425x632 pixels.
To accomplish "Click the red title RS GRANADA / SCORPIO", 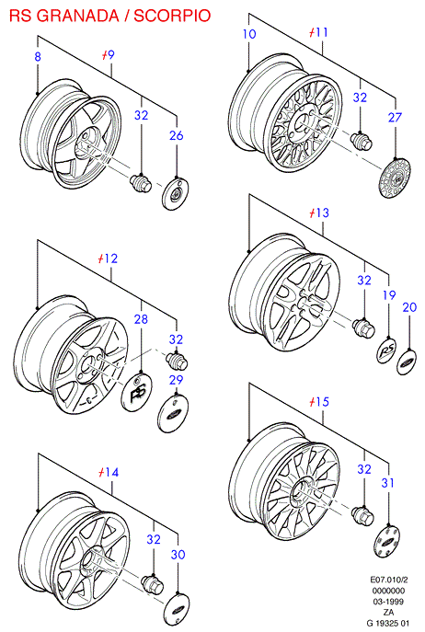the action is [110, 16].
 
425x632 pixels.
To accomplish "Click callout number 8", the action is [38, 56].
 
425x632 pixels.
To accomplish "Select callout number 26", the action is [177, 135].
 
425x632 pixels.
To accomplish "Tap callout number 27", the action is [396, 117].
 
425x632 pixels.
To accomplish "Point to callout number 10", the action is [249, 34].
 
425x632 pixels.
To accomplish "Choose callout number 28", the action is [141, 319].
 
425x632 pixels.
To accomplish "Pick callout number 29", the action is [177, 380].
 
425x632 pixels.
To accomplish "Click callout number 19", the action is [389, 295].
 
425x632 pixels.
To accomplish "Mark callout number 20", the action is [409, 307].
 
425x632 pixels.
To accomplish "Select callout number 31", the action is [387, 483].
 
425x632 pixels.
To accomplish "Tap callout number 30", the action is [178, 555].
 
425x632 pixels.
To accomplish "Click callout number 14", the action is [111, 472].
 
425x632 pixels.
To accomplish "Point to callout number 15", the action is [322, 402].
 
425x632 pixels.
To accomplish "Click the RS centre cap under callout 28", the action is [137, 392].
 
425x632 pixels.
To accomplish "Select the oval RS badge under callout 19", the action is [386, 351].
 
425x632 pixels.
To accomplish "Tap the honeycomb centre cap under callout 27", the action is [396, 178].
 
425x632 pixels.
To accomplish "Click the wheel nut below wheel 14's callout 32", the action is [153, 584].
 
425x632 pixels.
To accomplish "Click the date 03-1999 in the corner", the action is [389, 602].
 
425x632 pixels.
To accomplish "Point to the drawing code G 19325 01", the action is [388, 623].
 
